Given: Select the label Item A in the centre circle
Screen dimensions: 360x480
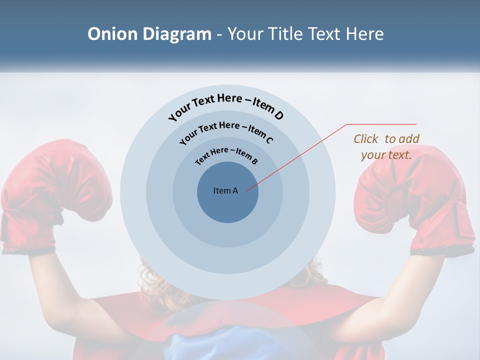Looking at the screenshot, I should click(225, 190).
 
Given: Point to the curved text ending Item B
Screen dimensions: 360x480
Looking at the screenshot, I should click(226, 155).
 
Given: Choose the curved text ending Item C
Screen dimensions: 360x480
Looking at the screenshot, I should click(226, 131).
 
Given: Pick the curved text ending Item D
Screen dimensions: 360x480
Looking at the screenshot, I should click(226, 106).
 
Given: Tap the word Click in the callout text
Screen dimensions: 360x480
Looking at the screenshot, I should click(366, 139).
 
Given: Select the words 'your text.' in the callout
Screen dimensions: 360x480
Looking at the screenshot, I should click(386, 155).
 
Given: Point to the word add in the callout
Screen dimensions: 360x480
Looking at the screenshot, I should click(409, 139).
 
